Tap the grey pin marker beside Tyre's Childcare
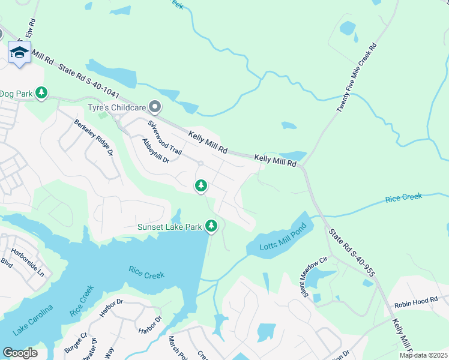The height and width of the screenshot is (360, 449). pyautogui.click(x=155, y=107)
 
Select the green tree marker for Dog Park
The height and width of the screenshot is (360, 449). pyautogui.click(x=41, y=93)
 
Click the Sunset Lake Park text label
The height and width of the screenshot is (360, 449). pyautogui.click(x=169, y=227)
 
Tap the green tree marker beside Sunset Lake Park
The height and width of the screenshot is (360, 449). pyautogui.click(x=211, y=226)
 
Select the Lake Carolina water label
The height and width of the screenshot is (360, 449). pyautogui.click(x=32, y=320)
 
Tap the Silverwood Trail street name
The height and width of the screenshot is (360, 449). pyautogui.click(x=164, y=137)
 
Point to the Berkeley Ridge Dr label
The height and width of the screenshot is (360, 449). pyautogui.click(x=94, y=137)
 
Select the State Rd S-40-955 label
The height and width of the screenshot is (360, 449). pyautogui.click(x=351, y=252)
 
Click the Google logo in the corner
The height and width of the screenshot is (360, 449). pyautogui.click(x=20, y=353)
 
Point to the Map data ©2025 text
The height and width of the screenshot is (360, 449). pyautogui.click(x=423, y=355)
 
